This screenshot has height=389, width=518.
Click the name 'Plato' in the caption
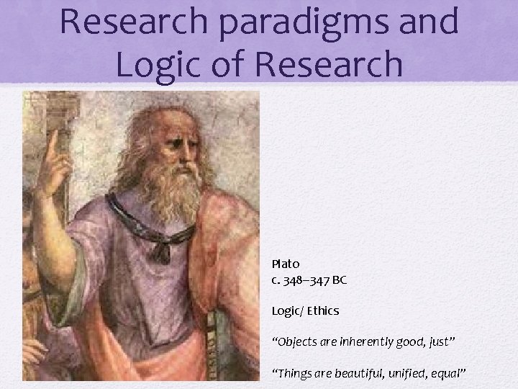coord(286,264)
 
